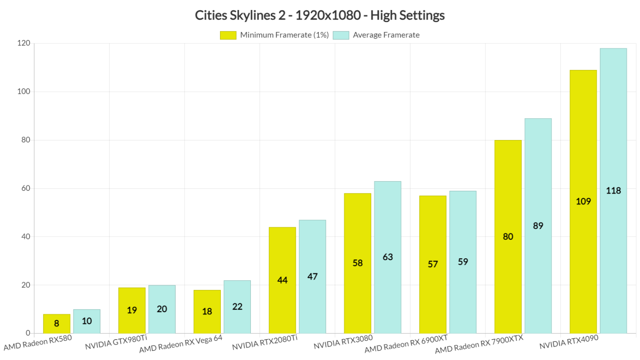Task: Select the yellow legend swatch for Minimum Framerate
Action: [x=228, y=35]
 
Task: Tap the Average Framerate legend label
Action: [x=386, y=35]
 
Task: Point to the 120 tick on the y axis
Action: [x=24, y=43]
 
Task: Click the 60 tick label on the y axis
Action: [x=26, y=188]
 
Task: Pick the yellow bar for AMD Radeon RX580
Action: [x=57, y=324]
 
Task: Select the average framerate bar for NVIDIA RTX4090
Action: [x=613, y=191]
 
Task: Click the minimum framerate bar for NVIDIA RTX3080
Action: [x=357, y=263]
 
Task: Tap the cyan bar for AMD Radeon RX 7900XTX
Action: [x=538, y=225]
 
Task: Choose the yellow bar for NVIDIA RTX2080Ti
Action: [x=282, y=280]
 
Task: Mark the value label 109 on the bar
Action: [x=583, y=202]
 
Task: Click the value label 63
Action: [x=387, y=257]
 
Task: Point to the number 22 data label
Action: [x=237, y=307]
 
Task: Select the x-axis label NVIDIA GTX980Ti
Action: [x=116, y=342]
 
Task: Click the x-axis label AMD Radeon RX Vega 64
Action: [x=181, y=344]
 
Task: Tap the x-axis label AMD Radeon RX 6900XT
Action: [x=406, y=344]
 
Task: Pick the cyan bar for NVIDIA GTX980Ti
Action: [x=162, y=309]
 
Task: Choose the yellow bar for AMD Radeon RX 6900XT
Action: [x=432, y=264]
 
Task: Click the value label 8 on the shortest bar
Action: [x=57, y=324]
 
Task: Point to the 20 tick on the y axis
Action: [x=26, y=285]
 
